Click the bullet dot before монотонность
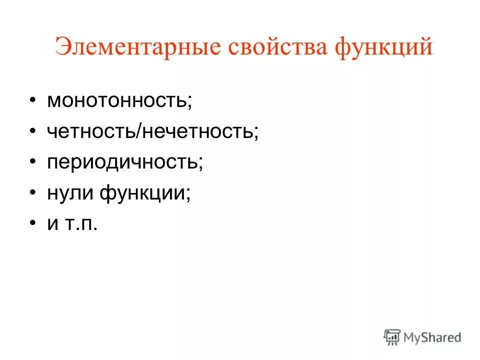[x=32, y=100]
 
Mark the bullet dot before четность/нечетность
[x=32, y=131]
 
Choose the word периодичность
[x=122, y=162]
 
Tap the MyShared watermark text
[x=433, y=337]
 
